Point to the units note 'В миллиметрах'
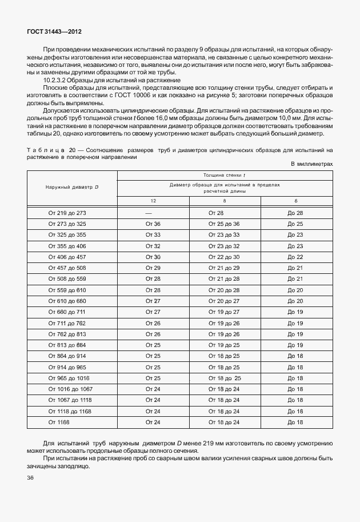311,164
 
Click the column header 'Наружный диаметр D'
72,188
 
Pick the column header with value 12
153,201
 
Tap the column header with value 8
224,201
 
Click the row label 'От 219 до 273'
67,213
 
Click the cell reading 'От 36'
153,224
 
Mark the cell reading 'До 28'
295,213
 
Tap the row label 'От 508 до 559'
67,278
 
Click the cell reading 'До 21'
295,278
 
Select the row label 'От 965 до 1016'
68,378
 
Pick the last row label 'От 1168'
59,422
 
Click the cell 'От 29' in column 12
153,268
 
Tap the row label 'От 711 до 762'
67,323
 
